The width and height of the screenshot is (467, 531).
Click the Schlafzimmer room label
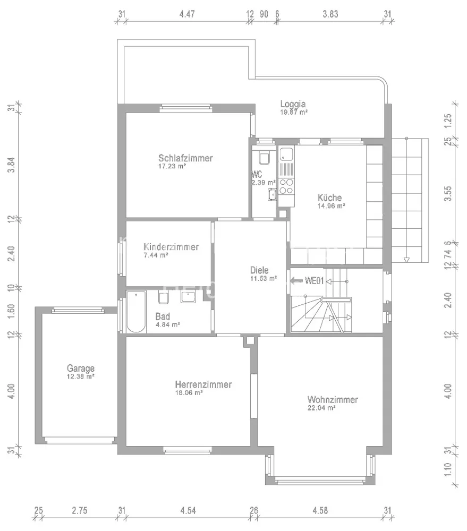[185, 158]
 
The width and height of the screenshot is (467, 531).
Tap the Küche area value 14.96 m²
[331, 206]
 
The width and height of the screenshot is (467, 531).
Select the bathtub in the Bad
[136, 312]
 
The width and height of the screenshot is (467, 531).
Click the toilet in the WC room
[264, 157]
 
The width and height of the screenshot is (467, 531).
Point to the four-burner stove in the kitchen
[286, 187]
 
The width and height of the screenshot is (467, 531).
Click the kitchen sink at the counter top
[286, 155]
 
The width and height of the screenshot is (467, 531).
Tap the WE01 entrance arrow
[296, 280]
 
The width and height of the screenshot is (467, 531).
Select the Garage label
[81, 368]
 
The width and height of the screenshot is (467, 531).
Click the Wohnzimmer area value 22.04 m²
[321, 408]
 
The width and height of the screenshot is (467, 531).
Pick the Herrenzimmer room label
[203, 384]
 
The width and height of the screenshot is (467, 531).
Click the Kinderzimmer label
[171, 246]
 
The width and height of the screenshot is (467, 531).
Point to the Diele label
[259, 270]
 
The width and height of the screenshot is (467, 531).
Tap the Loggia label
[293, 104]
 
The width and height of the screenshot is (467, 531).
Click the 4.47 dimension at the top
[187, 14]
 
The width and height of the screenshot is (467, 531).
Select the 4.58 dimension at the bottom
[320, 510]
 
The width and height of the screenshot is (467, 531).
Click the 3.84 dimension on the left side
[12, 165]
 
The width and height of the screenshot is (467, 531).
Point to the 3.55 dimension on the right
[448, 193]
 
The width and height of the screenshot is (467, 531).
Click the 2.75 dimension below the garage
[80, 510]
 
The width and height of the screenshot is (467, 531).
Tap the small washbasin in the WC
[272, 195]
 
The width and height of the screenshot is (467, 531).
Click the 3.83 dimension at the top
[330, 14]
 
